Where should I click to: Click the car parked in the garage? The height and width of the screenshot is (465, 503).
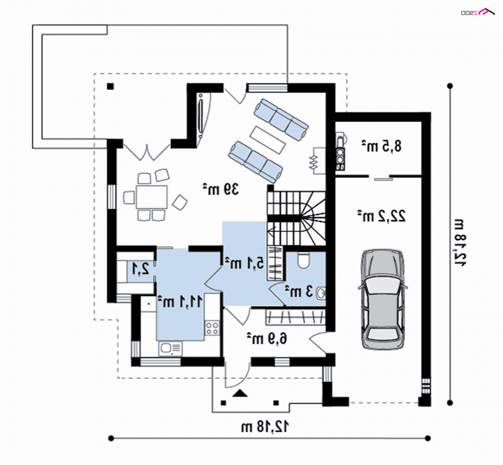(x=382, y=299)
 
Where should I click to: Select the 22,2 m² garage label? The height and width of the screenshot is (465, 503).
(x=382, y=216)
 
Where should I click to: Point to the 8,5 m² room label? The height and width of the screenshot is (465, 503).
(x=382, y=146)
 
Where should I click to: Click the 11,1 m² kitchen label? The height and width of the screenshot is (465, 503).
(x=180, y=302)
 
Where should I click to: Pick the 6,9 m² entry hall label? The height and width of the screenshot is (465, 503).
(x=267, y=339)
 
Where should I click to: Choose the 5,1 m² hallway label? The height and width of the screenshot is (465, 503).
(x=245, y=263)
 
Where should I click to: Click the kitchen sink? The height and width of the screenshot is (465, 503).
(x=170, y=349)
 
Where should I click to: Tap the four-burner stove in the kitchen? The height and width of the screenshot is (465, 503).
(x=212, y=328)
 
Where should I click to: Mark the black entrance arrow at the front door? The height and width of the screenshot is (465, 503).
(x=240, y=393)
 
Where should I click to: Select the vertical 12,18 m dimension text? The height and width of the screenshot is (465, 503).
(x=460, y=242)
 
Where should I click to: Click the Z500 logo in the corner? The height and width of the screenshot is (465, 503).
(x=477, y=12)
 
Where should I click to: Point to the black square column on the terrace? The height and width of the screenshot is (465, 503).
(x=111, y=86)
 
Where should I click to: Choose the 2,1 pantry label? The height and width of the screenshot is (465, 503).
(x=141, y=269)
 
